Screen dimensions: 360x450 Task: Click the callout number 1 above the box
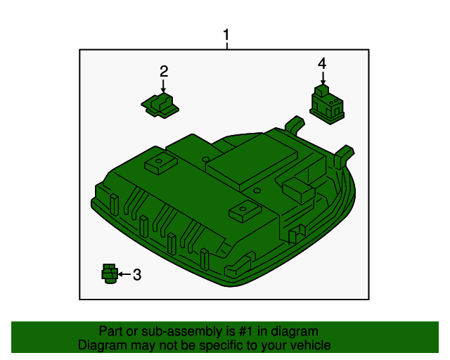click(226, 34)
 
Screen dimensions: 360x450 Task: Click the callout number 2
click(164, 71)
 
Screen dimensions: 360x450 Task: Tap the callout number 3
click(137, 275)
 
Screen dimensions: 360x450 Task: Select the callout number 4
click(322, 63)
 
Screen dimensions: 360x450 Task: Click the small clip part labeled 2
click(161, 104)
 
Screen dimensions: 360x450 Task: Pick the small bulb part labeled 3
click(109, 274)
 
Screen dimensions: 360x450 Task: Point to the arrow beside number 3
click(123, 274)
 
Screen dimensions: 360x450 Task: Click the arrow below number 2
click(163, 86)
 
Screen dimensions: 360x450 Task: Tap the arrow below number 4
click(322, 78)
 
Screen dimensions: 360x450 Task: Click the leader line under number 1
click(226, 46)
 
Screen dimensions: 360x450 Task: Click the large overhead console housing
click(211, 211)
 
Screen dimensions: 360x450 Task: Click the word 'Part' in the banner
click(111, 331)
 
